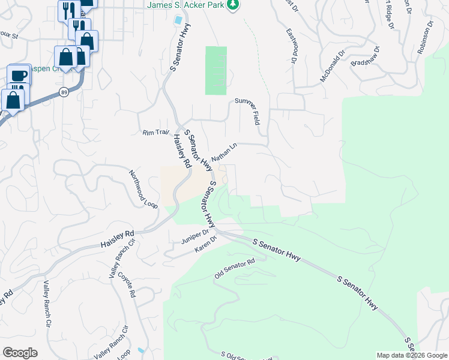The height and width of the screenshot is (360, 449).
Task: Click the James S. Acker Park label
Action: coord(185,5)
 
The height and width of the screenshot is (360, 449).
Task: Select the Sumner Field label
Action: coord(249,110)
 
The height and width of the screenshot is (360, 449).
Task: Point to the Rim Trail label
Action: coord(156,133)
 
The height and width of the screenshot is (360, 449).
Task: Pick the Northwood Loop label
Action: coord(142,188)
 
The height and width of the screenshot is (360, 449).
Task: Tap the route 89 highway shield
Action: coord(64,91)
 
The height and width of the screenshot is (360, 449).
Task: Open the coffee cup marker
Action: coord(19,74)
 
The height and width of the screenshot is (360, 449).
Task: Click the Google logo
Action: coord(20,353)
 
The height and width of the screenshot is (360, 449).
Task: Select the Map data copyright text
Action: coord(411,355)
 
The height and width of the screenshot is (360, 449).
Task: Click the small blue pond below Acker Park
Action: coord(178,20)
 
